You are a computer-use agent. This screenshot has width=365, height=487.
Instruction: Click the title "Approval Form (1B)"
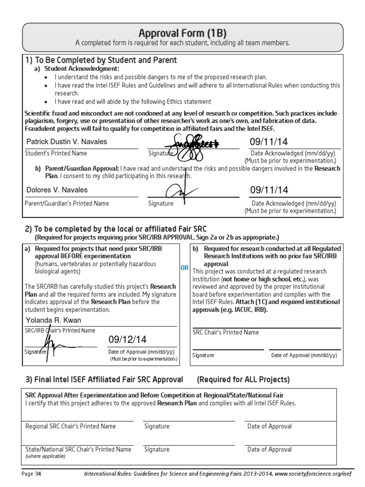pos(182,33)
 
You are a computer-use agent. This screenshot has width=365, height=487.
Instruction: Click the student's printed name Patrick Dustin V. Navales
pos(67,142)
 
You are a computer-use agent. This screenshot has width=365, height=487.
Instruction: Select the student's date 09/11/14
pos(269,142)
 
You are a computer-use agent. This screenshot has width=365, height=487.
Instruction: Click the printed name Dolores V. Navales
pos(57,190)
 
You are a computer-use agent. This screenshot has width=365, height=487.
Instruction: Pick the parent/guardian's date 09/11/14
pos(269,190)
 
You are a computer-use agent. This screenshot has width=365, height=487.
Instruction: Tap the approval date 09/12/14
pos(127,340)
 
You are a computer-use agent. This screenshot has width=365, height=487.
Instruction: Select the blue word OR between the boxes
pos(184,268)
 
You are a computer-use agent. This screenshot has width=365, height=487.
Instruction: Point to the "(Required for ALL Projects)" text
pos(243,380)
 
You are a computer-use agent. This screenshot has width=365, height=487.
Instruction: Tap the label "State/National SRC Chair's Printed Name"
pos(78,449)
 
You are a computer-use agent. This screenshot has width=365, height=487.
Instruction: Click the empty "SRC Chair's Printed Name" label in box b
pos(226,332)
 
